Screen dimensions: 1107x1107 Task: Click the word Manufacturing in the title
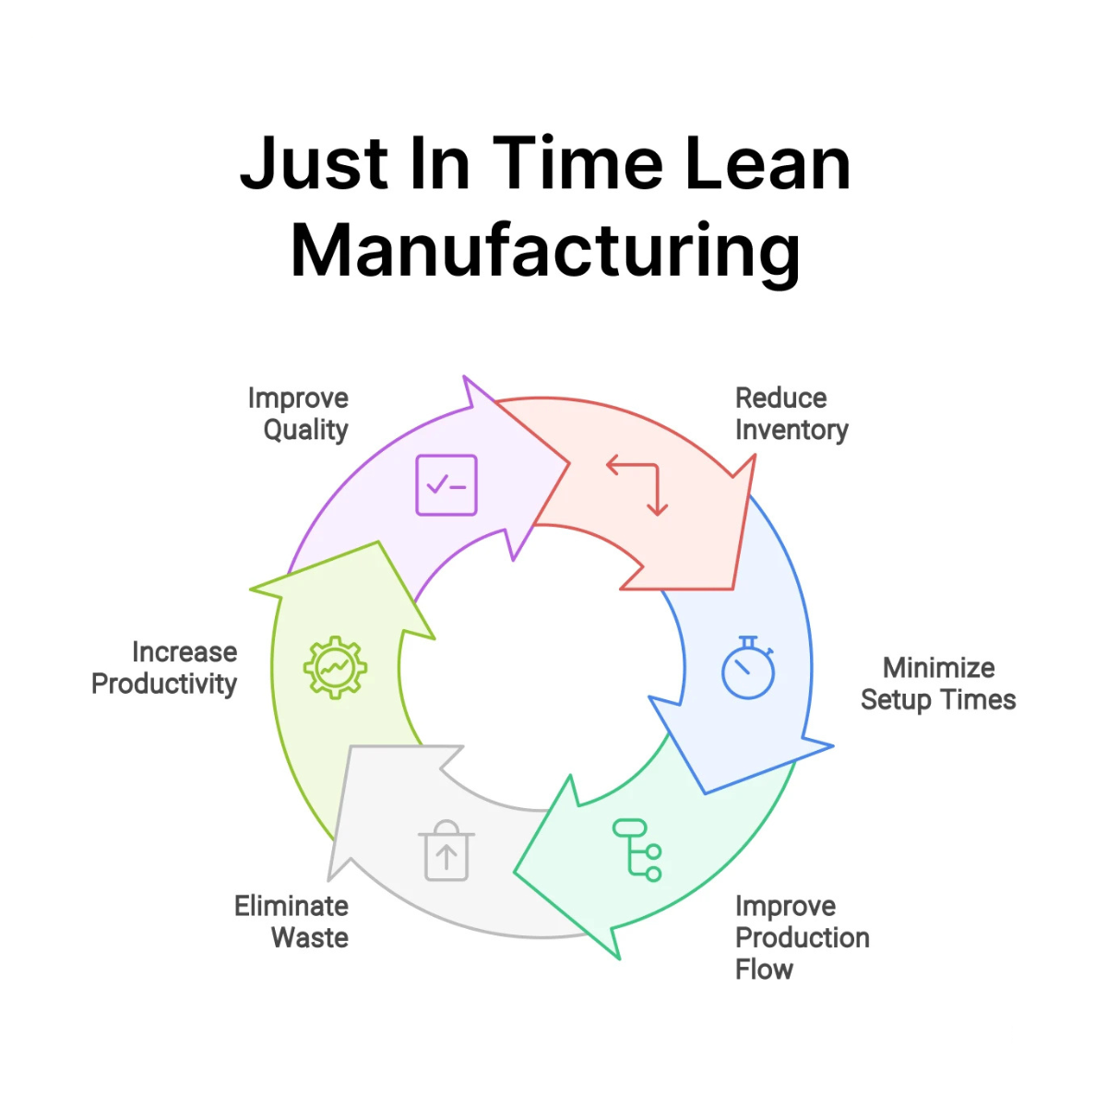point(545,251)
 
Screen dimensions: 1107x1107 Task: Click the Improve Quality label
point(298,414)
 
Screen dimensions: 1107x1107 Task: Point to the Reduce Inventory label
point(792,414)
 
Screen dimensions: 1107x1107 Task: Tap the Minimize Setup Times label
point(937,684)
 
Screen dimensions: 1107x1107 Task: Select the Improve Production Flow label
point(802,937)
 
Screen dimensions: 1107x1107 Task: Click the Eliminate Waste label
point(292,922)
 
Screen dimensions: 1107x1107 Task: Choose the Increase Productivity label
point(164,668)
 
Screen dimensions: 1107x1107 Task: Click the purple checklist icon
point(446,485)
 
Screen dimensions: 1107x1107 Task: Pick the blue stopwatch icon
point(747,668)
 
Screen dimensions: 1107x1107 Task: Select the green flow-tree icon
point(637,850)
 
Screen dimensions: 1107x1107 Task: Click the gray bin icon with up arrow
point(446,850)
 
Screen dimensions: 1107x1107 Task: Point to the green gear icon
point(336,667)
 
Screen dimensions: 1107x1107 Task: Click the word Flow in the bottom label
point(764,970)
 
